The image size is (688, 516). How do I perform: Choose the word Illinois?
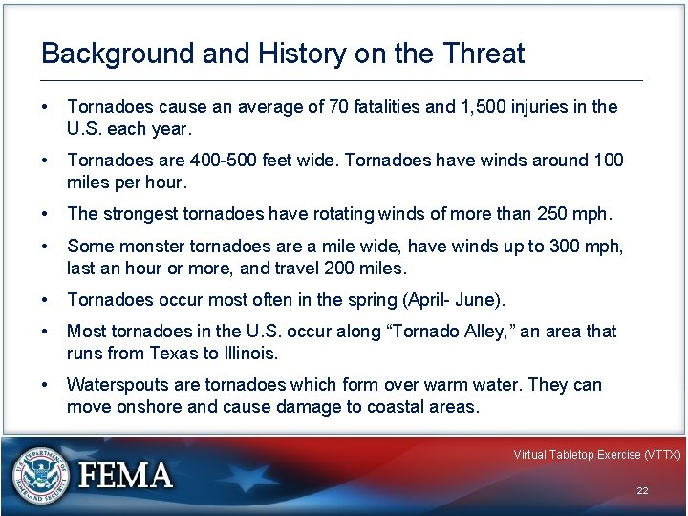(x=249, y=353)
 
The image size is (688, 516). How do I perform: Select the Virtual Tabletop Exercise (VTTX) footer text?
(x=596, y=455)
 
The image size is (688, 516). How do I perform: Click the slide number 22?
(x=642, y=490)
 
